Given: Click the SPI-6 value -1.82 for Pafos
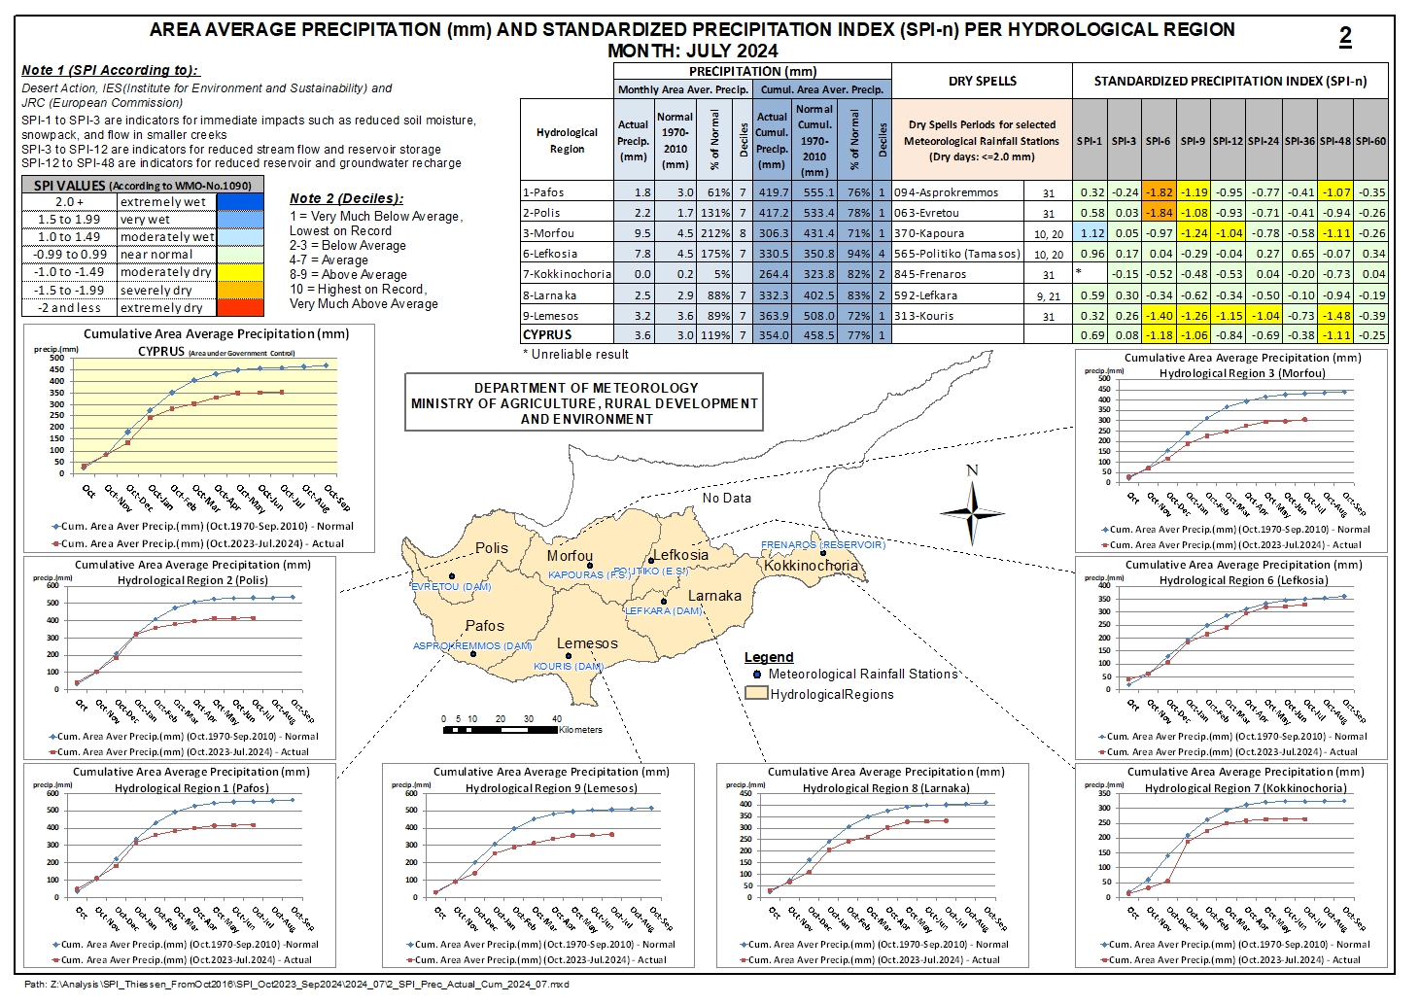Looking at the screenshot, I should click(1158, 192).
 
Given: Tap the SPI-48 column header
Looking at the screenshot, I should click(1335, 141).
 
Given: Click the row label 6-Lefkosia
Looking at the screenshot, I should click(550, 254).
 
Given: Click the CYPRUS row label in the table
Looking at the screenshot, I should click(547, 334).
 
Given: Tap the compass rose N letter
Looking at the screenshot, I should click(972, 470).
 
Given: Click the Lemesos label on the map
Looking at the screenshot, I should click(587, 643).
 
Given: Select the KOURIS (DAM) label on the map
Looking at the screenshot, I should click(569, 667).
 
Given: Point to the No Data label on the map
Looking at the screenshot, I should click(727, 498).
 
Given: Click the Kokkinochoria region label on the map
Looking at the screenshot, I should click(811, 566).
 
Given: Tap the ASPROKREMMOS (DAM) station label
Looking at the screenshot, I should click(472, 645).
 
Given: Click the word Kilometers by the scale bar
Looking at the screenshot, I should click(580, 730).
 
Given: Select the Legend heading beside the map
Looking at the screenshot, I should click(769, 657).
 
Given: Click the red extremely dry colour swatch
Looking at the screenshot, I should click(240, 307).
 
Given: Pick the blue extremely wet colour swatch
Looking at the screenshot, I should click(240, 201).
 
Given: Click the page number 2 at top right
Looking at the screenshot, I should click(1345, 37).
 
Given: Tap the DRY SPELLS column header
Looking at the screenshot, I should click(982, 81).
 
